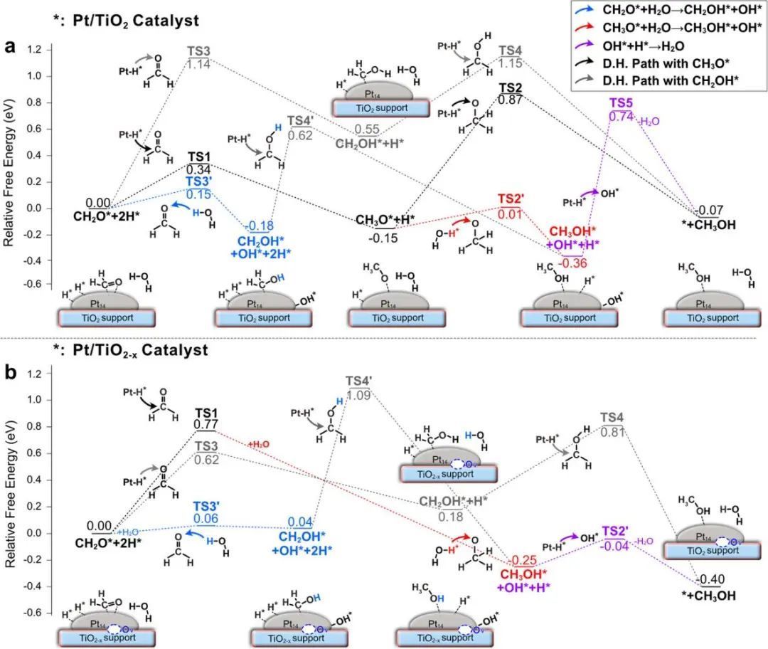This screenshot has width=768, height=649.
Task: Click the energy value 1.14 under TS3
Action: pos(199,65)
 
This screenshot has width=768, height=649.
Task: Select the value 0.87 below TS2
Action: pos(511,100)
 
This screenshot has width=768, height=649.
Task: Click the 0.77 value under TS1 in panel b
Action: pos(206,426)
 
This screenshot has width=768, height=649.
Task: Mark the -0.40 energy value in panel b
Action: pos(711,579)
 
